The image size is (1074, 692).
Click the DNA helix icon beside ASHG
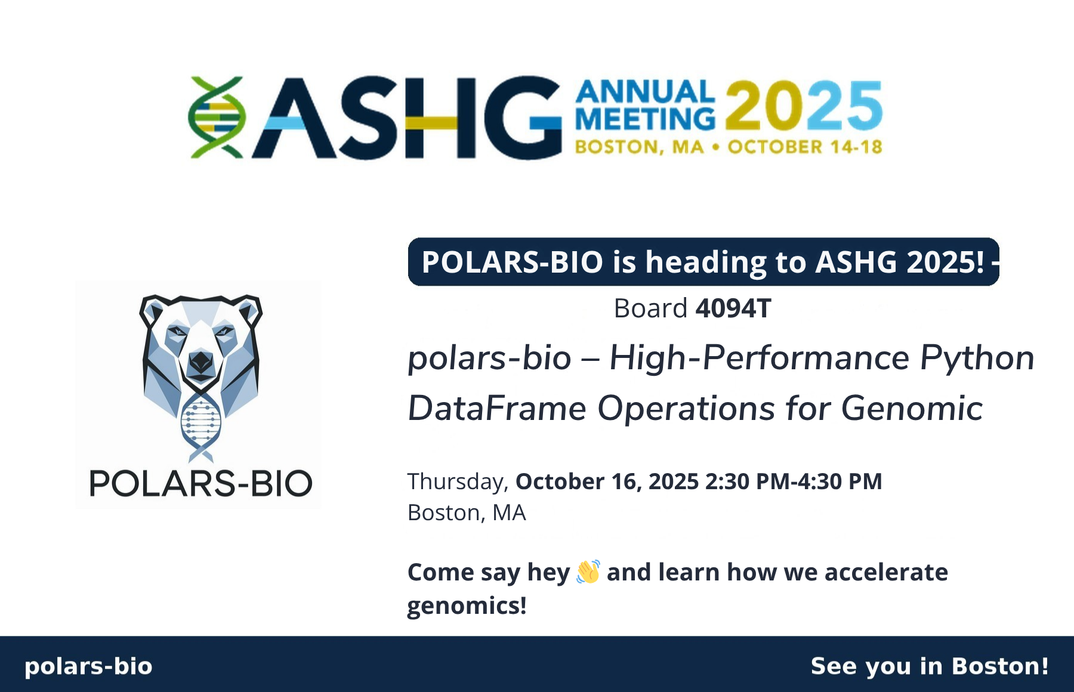(217, 117)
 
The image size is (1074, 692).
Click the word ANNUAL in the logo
(645, 92)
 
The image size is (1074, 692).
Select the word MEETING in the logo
(645, 118)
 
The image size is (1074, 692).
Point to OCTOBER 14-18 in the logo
(805, 147)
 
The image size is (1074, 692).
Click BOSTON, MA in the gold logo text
(639, 147)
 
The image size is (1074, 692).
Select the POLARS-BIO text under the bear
(200, 483)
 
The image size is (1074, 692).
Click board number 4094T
(733, 308)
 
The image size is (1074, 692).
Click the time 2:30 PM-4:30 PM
(794, 481)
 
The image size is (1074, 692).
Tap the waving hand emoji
(588, 571)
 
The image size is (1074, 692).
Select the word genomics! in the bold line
(467, 606)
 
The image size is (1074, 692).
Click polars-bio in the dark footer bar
(88, 666)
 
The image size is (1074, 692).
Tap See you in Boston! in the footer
(930, 666)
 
